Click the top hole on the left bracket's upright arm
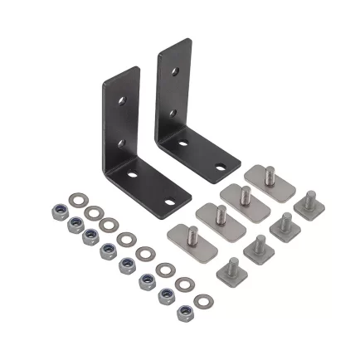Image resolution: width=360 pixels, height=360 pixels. tap(121, 100)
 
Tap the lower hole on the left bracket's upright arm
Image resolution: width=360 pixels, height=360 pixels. tap(121, 144)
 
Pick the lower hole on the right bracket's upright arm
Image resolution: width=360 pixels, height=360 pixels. tap(172, 112)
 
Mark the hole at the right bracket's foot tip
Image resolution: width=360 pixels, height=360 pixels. tap(221, 168)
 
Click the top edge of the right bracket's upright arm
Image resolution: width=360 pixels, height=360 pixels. tap(174, 44)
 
